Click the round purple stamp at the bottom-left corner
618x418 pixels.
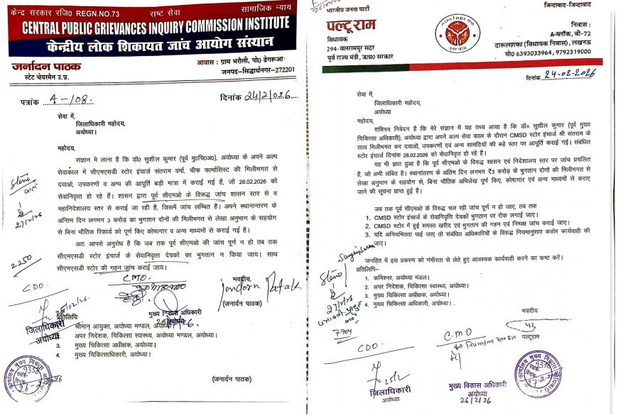tap(26, 380)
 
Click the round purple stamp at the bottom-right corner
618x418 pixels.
tap(539, 372)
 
